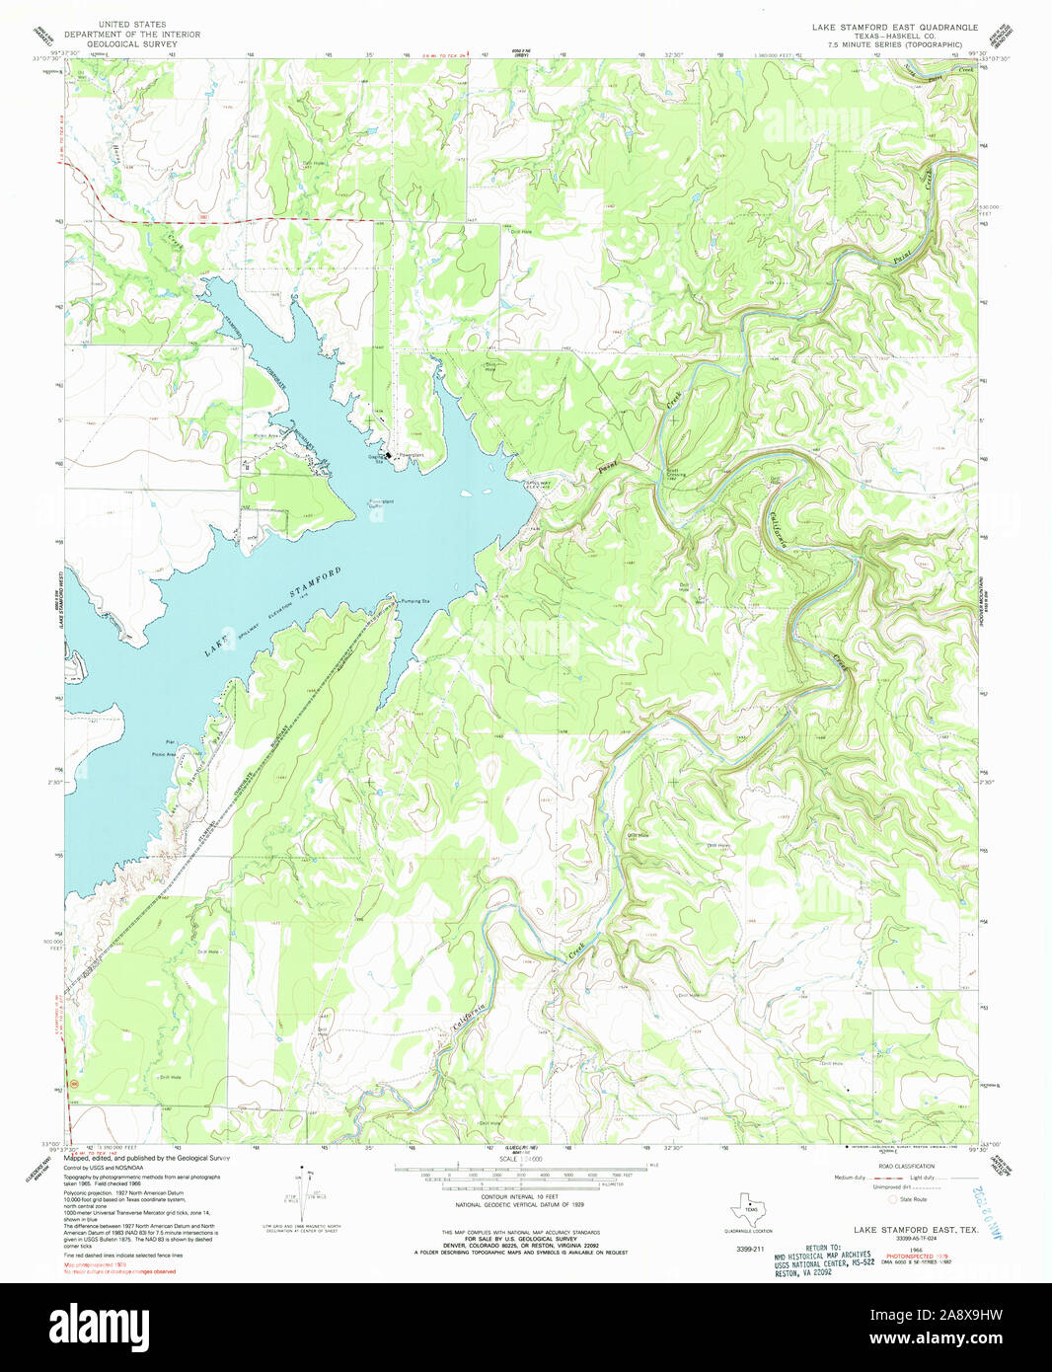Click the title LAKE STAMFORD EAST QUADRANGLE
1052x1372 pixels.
894,28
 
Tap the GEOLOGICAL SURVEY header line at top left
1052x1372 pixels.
132,44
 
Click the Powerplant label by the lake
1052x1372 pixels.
411,456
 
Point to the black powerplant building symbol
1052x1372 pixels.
389,456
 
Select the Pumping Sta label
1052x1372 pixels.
414,600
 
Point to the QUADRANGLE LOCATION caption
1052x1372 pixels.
748,1231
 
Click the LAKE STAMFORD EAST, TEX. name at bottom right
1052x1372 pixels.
915,1230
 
